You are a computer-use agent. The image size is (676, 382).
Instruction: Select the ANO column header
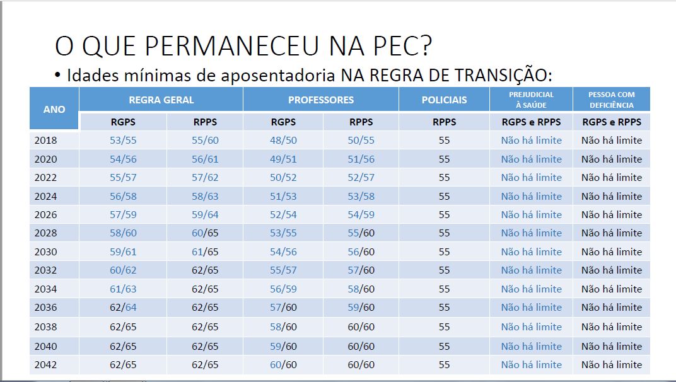(54, 109)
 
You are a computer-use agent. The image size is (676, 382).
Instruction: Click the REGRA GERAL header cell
(161, 100)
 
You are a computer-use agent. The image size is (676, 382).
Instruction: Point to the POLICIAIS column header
(444, 100)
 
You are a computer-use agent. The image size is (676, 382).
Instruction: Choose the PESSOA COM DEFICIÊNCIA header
(611, 100)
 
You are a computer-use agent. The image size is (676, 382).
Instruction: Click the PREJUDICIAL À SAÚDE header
(531, 100)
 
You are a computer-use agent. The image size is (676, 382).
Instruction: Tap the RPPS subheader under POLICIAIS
(444, 122)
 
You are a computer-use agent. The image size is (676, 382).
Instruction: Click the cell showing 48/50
(283, 140)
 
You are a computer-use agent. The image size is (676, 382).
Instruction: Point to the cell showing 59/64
(205, 214)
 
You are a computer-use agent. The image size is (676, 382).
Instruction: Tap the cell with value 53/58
(361, 196)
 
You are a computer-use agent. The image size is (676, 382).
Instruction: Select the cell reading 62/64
(123, 308)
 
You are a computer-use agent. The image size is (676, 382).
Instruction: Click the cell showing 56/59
(283, 289)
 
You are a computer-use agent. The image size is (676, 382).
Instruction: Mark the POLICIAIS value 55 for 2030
(444, 252)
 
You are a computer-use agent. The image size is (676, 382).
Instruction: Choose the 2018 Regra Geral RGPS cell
(123, 140)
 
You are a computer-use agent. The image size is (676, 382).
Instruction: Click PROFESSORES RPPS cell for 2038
(361, 327)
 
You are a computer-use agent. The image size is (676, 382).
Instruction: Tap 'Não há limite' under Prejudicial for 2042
(531, 364)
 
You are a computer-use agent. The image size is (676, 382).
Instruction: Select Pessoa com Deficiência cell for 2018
(611, 140)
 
